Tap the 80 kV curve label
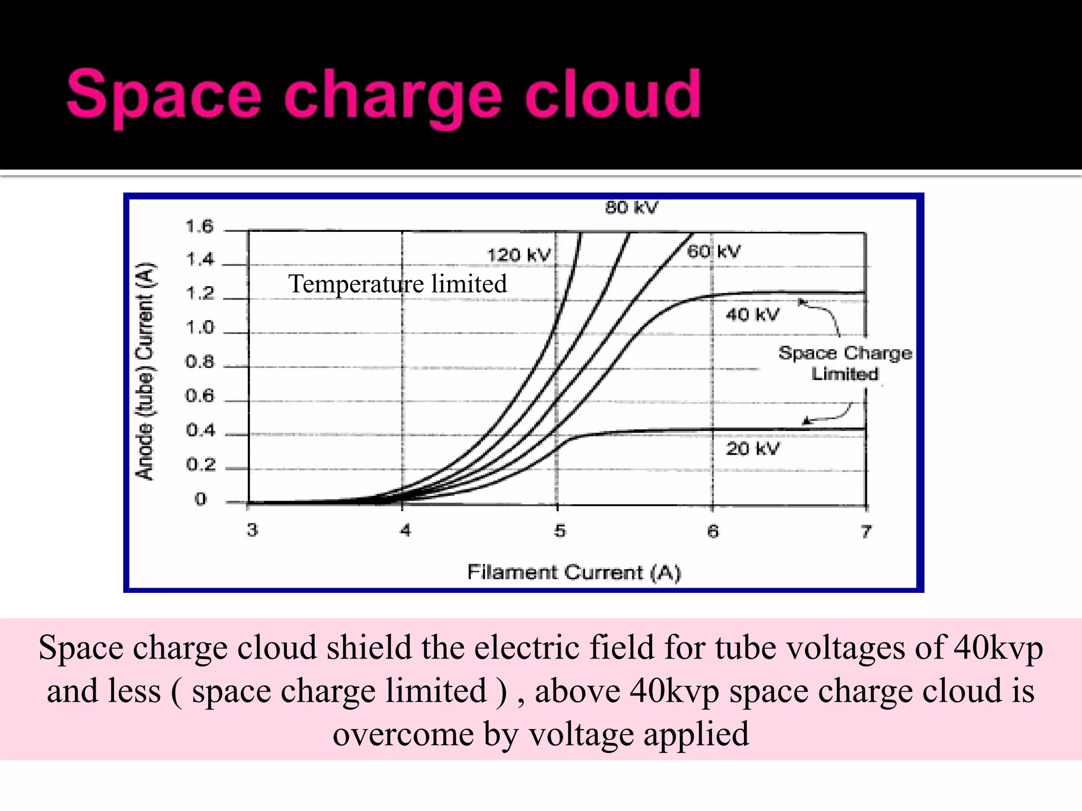tap(631, 208)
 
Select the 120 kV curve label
tap(518, 256)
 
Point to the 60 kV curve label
tap(714, 251)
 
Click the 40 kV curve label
tap(752, 315)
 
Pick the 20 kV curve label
tap(752, 449)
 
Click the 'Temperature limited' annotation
tap(397, 284)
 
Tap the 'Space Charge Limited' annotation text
tap(845, 363)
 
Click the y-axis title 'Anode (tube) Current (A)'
tap(145, 371)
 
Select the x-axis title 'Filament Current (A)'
tap(574, 572)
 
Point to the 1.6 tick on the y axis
tap(200, 227)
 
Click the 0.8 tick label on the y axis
tap(200, 362)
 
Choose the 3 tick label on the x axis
tap(253, 530)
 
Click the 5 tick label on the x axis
tap(560, 530)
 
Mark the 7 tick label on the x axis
tap(865, 531)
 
